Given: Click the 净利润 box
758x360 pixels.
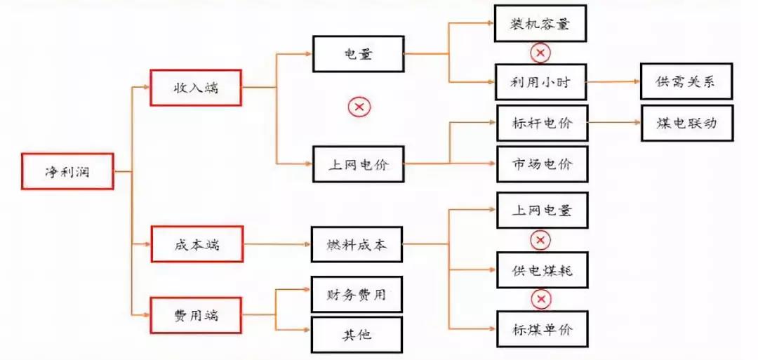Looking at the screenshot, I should click(x=67, y=171).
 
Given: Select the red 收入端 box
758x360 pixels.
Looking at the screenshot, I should click(x=196, y=88).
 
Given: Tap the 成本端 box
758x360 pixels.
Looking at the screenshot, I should click(x=197, y=244).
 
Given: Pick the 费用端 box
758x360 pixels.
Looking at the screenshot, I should click(x=197, y=315).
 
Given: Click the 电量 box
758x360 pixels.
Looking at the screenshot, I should click(x=358, y=53).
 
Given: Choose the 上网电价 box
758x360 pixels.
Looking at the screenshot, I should click(x=358, y=165).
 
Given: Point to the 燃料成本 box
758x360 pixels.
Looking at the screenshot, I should click(x=357, y=245).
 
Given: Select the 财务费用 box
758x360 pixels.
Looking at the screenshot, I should click(x=357, y=294).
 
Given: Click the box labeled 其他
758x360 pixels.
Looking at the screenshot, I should click(x=357, y=335).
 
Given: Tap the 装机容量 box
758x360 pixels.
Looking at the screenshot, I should click(x=539, y=23).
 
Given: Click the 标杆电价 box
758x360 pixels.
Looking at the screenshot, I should click(x=542, y=124).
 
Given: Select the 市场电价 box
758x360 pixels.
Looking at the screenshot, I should click(x=542, y=164).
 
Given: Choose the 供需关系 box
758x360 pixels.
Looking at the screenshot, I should click(x=686, y=81).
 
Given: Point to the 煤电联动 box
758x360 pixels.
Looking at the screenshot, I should click(x=686, y=123).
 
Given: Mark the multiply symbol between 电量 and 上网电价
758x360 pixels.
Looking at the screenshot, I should click(x=359, y=107).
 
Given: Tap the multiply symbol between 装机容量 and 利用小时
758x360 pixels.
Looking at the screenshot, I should click(x=540, y=53).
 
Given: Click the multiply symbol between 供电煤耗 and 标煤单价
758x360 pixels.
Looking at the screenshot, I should click(x=540, y=300).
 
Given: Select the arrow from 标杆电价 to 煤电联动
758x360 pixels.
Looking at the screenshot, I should click(x=614, y=123).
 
